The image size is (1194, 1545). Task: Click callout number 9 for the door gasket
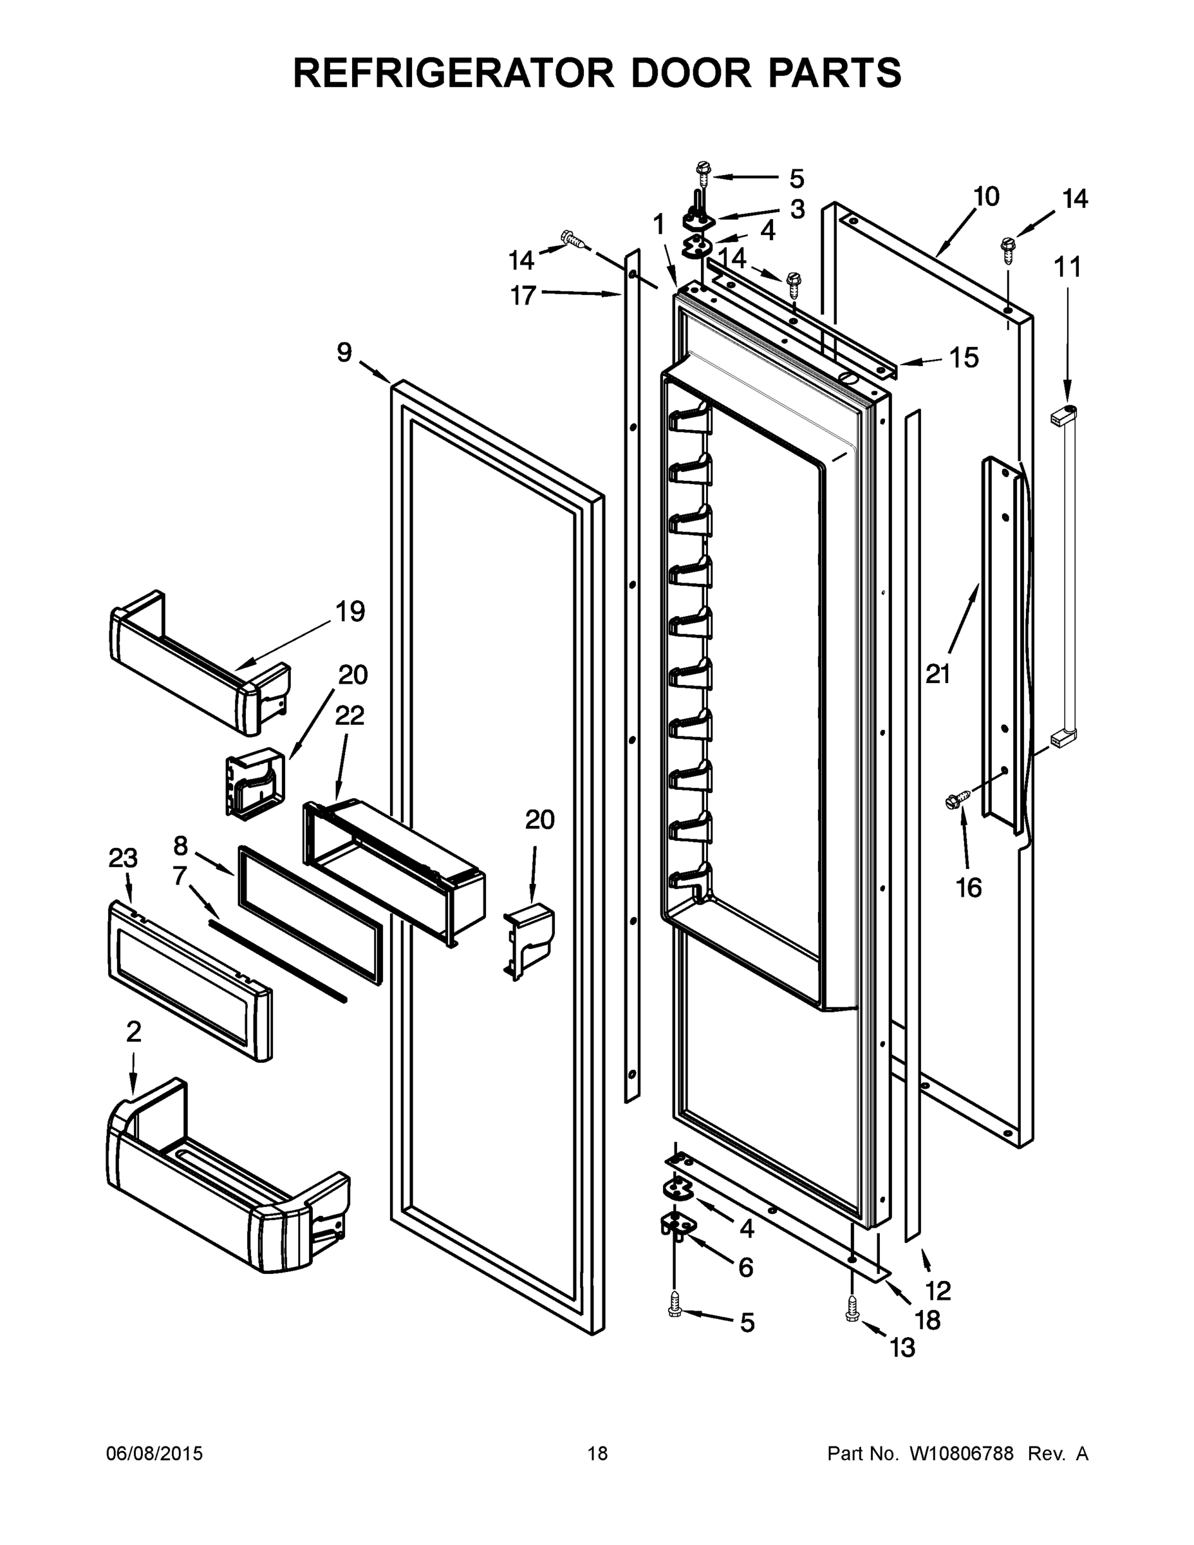(x=344, y=351)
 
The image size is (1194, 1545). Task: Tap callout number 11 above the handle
(x=1067, y=267)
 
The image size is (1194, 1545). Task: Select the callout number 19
(x=350, y=610)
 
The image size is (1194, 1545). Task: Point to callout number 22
(x=350, y=715)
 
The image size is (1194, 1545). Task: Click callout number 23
(x=122, y=858)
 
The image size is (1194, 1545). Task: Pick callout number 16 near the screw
(x=968, y=886)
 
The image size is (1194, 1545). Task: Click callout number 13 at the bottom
(x=902, y=1347)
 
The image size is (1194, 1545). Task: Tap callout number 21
(x=938, y=674)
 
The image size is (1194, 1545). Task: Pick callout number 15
(x=964, y=358)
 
